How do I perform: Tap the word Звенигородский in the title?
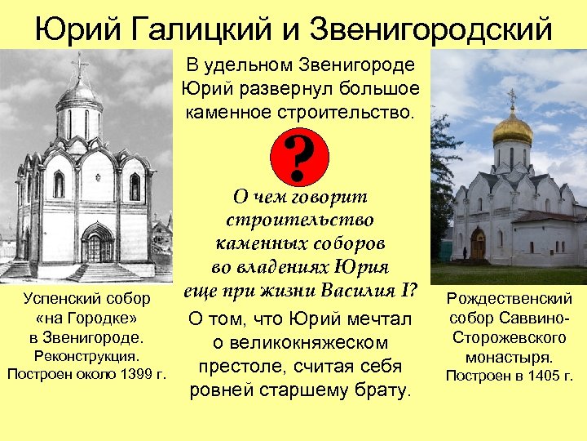point(435,30)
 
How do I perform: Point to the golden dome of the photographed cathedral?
point(513,128)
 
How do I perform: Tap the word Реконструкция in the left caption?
point(86,356)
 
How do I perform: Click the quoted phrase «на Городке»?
point(86,318)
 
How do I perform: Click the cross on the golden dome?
point(512,97)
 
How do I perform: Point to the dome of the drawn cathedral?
point(79,94)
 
